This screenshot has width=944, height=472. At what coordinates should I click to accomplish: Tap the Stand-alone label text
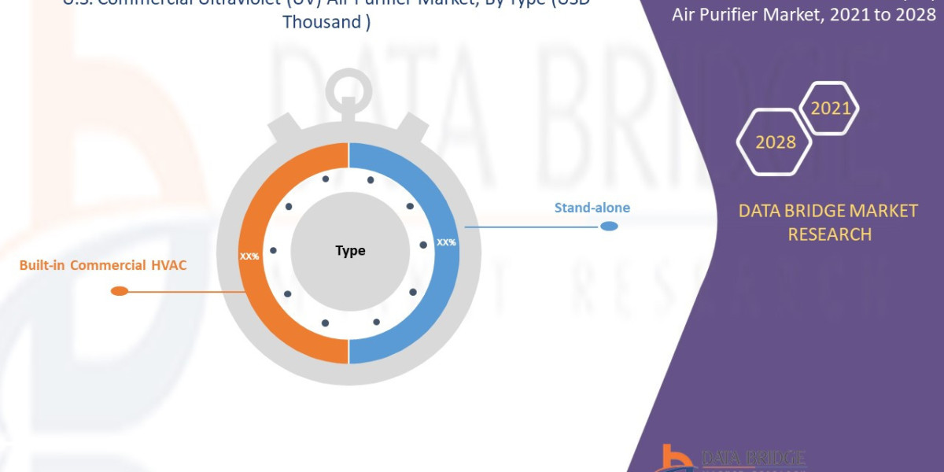[x=592, y=208]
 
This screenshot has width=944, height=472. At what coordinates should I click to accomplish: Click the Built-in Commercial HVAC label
[x=103, y=265]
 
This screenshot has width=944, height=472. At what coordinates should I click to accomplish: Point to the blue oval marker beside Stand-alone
[x=609, y=227]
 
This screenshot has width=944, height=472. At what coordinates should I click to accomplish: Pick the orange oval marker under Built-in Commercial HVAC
[x=120, y=291]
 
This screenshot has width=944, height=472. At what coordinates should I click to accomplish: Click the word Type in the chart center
[x=350, y=251]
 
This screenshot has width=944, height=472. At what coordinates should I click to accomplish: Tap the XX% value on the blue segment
[x=446, y=242]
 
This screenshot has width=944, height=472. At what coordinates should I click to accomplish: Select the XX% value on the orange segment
[x=249, y=256]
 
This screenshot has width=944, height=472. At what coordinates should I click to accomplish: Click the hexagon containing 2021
[x=829, y=108]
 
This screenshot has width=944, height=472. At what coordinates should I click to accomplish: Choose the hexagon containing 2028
[x=775, y=142]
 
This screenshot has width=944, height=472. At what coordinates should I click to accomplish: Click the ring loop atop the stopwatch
[x=346, y=91]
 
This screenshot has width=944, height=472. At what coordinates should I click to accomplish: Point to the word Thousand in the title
[x=322, y=22]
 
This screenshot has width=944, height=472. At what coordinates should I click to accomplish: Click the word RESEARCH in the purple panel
[x=829, y=234]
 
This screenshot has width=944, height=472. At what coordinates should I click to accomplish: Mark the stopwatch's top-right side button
[x=411, y=127]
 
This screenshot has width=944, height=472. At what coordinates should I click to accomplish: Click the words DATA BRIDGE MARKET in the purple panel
[x=828, y=211]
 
